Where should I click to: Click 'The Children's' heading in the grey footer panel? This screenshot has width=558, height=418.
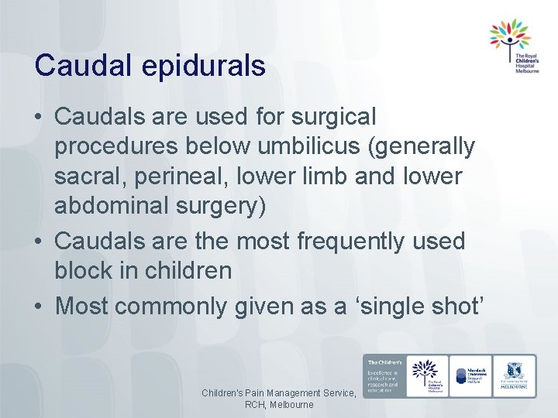(384, 361)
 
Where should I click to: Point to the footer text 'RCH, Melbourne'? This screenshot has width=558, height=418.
(279, 405)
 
